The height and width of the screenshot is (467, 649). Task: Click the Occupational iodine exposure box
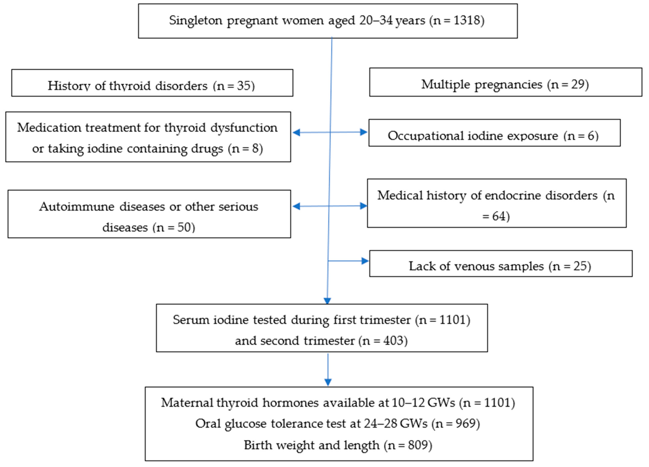(x=494, y=133)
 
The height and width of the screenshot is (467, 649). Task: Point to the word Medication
(x=49, y=128)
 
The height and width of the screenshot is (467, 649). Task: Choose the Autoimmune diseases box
(x=149, y=214)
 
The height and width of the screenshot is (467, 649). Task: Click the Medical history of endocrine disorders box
(x=497, y=203)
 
